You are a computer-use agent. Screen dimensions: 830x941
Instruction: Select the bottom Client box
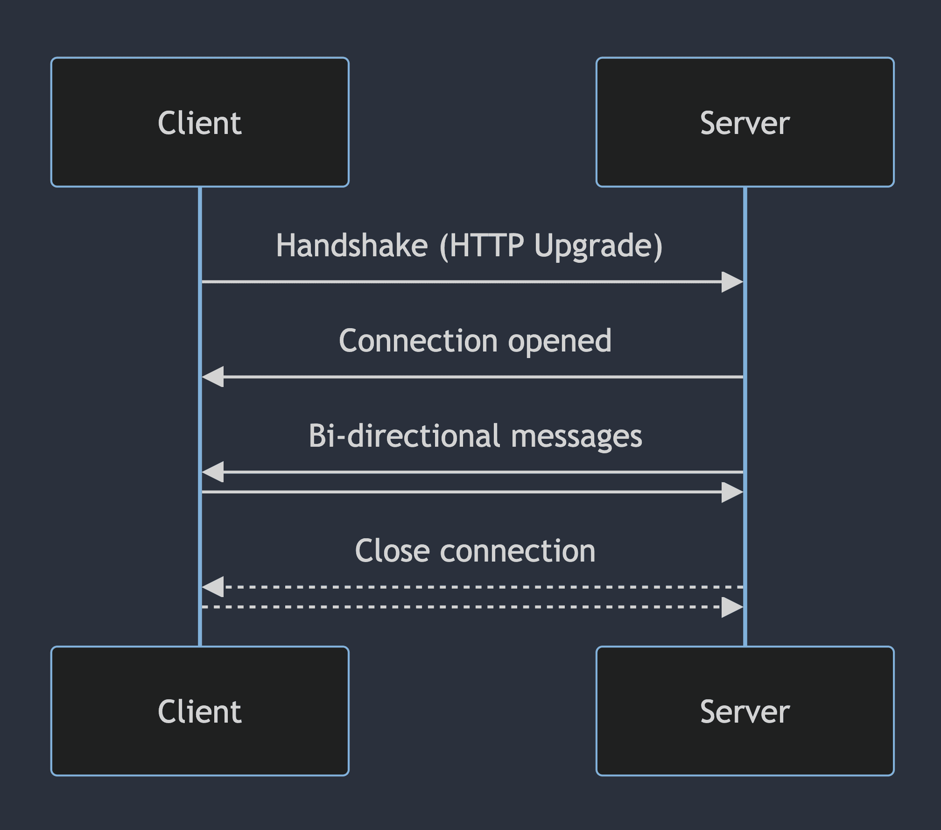click(x=200, y=711)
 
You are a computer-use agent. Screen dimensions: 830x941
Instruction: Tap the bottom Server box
click(x=745, y=711)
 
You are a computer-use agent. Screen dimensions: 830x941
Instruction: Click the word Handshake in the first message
click(x=351, y=246)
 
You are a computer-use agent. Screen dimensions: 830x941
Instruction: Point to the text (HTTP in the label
click(x=482, y=246)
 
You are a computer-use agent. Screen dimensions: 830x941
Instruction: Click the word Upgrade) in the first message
click(x=598, y=246)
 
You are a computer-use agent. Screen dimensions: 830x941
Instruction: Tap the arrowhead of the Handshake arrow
click(x=732, y=282)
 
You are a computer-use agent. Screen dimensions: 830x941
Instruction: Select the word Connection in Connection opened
click(x=418, y=341)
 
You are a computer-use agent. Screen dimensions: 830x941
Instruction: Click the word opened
click(x=560, y=342)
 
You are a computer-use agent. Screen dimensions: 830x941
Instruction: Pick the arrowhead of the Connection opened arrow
click(x=213, y=377)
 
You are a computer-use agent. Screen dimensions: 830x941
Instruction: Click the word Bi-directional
click(x=404, y=436)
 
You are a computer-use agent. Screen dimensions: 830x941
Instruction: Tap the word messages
click(x=577, y=437)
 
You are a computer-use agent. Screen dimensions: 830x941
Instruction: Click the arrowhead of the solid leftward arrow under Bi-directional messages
click(x=213, y=472)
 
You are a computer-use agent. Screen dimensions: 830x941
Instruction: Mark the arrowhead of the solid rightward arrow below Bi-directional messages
click(x=732, y=492)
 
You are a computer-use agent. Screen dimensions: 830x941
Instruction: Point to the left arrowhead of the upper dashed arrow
click(x=213, y=587)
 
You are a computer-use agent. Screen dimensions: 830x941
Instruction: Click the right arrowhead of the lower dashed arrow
click(x=732, y=607)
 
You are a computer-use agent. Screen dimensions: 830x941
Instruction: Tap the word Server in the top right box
click(x=745, y=123)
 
